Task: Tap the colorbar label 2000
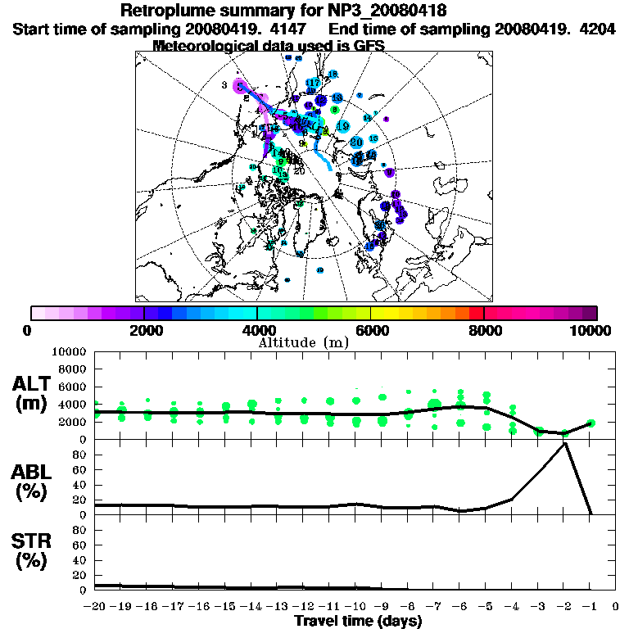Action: [x=144, y=331]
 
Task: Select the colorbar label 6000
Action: [x=371, y=331]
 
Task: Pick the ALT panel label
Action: [x=34, y=383]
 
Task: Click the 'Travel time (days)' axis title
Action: [x=358, y=621]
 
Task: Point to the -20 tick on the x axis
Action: [x=95, y=607]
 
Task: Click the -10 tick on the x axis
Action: [x=355, y=607]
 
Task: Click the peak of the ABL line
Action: [x=565, y=443]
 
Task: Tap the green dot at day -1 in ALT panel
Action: [x=591, y=423]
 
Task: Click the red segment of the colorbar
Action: [x=475, y=313]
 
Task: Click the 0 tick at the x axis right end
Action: [x=616, y=607]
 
